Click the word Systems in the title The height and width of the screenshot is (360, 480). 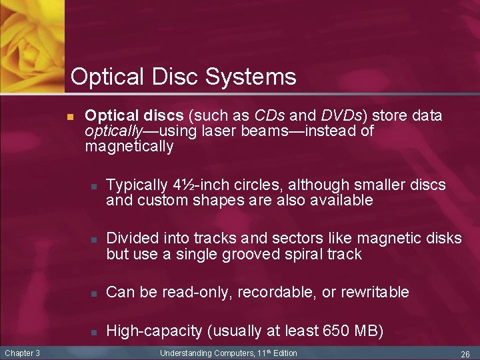[x=251, y=77]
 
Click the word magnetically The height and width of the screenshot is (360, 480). [x=129, y=146]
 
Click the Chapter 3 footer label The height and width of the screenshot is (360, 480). [x=23, y=353]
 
